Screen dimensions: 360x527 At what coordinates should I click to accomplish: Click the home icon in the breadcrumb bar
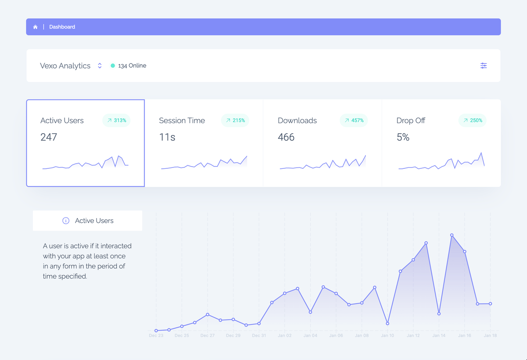pyautogui.click(x=35, y=27)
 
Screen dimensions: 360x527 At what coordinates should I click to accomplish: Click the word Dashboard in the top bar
pyautogui.click(x=62, y=27)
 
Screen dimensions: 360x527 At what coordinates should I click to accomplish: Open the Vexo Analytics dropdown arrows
pyautogui.click(x=100, y=65)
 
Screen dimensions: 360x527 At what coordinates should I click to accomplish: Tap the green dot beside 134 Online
pyautogui.click(x=113, y=65)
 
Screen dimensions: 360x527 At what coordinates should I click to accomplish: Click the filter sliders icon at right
pyautogui.click(x=484, y=65)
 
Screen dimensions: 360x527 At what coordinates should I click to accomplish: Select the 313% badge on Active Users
pyautogui.click(x=116, y=120)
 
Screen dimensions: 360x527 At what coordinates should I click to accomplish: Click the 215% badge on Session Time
pyautogui.click(x=235, y=120)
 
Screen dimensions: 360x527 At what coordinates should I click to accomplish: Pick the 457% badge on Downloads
pyautogui.click(x=354, y=120)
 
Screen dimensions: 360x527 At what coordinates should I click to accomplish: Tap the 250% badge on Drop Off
pyautogui.click(x=473, y=120)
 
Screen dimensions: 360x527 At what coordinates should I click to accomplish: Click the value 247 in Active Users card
pyautogui.click(x=49, y=137)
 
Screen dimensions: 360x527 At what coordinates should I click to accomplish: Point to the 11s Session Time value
pyautogui.click(x=167, y=137)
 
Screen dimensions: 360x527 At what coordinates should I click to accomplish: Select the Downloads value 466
pyautogui.click(x=286, y=137)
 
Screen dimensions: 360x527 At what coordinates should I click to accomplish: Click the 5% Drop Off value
pyautogui.click(x=403, y=137)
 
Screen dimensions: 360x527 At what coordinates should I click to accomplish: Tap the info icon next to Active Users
pyautogui.click(x=66, y=221)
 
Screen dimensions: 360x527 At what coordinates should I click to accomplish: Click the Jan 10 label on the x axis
pyautogui.click(x=387, y=335)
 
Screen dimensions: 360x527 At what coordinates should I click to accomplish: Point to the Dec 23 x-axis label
pyautogui.click(x=156, y=335)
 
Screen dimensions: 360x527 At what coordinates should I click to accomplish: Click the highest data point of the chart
pyautogui.click(x=452, y=235)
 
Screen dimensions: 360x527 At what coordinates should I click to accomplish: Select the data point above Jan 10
pyautogui.click(x=387, y=324)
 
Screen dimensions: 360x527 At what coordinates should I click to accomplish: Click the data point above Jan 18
pyautogui.click(x=490, y=304)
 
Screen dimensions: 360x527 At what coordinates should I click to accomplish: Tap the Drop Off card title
pyautogui.click(x=411, y=120)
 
